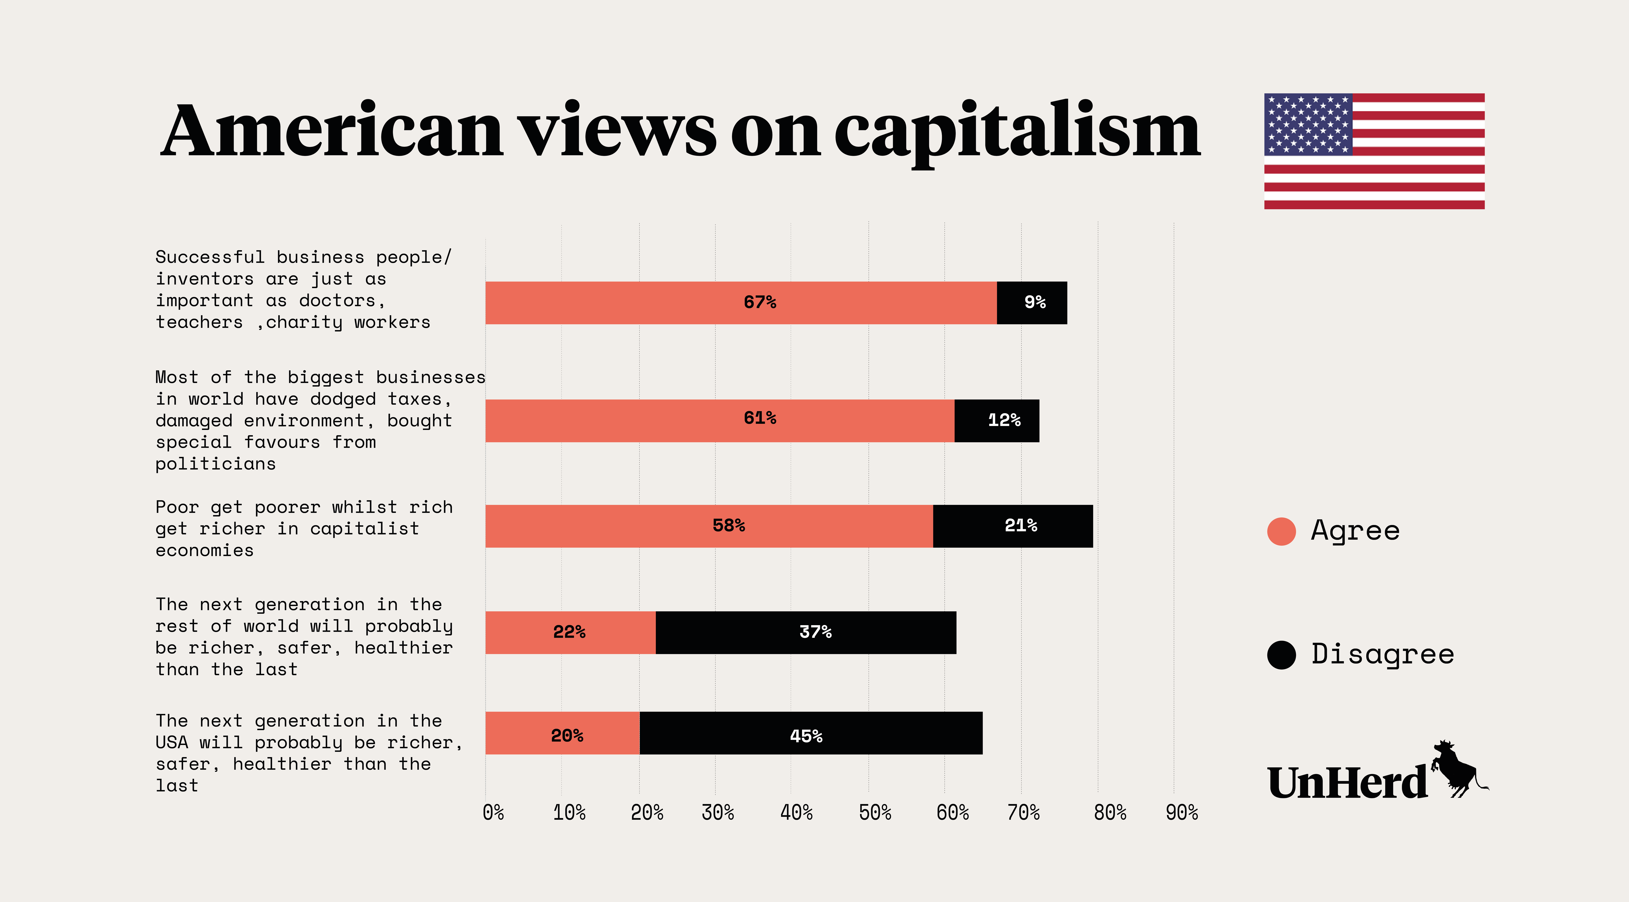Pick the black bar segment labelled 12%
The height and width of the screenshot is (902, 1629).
997,421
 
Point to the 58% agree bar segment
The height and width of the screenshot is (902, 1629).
709,526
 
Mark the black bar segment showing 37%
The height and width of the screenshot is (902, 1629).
806,633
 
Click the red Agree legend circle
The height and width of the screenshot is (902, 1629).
1281,531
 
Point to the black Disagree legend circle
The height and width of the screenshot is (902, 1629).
1281,655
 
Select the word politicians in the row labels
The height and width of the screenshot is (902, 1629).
216,464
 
